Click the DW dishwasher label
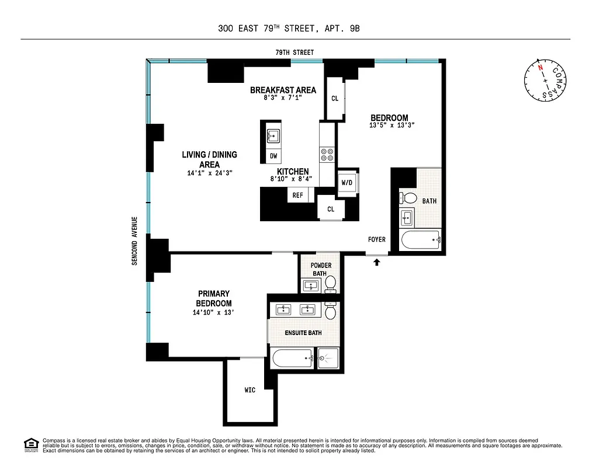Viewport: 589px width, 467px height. coord(273,156)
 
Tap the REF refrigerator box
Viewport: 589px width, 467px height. coord(297,195)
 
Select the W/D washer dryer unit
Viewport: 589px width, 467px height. coord(347,183)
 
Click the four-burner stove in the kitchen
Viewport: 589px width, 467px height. coord(327,154)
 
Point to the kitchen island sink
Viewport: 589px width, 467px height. coord(273,135)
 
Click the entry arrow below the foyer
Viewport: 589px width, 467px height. coord(376,263)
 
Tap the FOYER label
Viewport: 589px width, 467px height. coord(376,239)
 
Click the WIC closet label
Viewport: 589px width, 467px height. coord(250,390)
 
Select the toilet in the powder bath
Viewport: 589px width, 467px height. coord(330,283)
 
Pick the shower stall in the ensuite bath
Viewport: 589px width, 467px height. coord(328,357)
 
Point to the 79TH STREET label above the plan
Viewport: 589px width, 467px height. coord(294,53)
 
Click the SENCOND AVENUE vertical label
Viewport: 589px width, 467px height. coord(134,241)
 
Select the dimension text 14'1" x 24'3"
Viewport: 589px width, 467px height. coord(209,173)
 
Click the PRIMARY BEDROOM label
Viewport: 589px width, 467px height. coord(213,298)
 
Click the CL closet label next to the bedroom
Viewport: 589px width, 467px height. coord(335,99)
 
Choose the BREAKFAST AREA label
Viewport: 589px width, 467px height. coord(283,90)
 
